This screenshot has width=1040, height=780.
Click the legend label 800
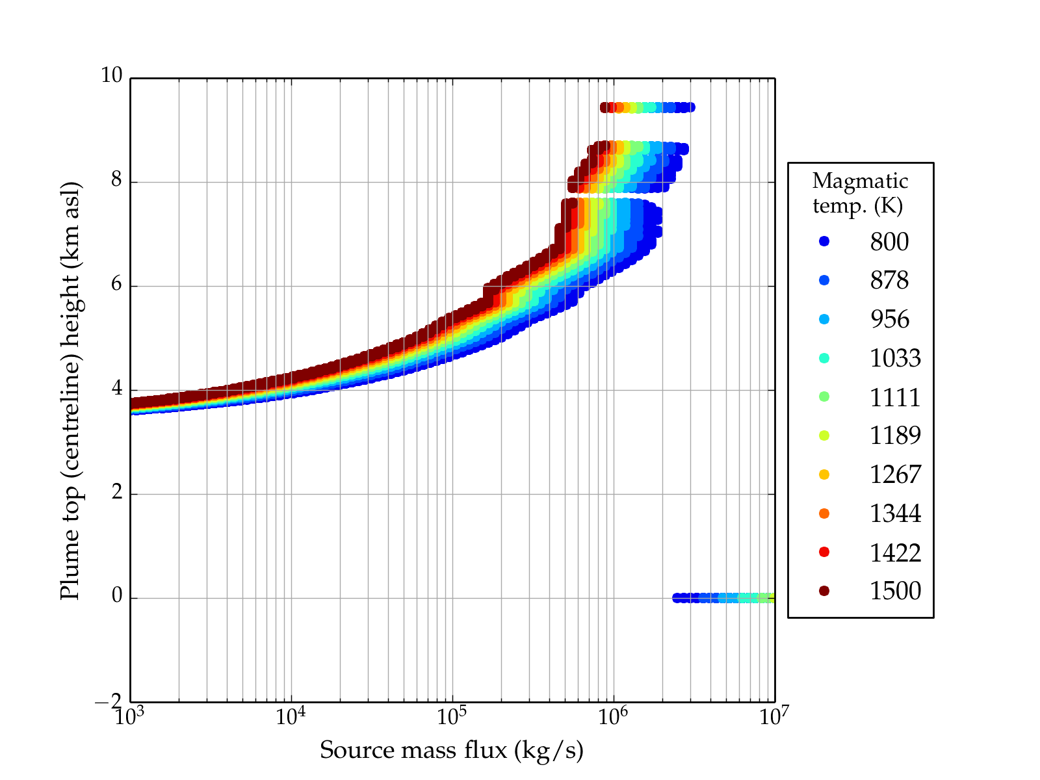coord(889,242)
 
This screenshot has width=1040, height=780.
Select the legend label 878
coord(889,280)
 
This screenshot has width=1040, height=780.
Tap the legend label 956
coord(889,319)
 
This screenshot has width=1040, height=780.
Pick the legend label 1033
coord(895,358)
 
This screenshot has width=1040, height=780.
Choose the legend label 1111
coord(895,397)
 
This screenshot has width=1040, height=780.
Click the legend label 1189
coord(895,435)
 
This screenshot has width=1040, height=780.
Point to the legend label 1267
coord(895,474)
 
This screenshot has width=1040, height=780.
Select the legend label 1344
coord(895,513)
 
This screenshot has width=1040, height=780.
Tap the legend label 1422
coord(895,552)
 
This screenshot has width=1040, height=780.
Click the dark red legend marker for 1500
coord(824,590)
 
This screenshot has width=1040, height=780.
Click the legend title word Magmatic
coord(860,181)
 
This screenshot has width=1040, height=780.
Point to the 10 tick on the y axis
coord(111,76)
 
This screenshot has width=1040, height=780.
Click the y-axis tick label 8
coord(116,180)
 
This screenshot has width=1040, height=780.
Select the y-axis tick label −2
coord(108,701)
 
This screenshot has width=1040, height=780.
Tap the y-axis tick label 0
coord(117,596)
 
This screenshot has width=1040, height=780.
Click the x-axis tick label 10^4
coord(290,717)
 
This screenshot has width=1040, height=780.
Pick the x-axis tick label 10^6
coord(612,717)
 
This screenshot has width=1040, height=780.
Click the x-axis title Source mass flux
coord(451,750)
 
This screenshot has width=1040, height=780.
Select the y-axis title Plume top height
coord(70,390)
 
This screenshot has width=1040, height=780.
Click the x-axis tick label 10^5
coord(451,717)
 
